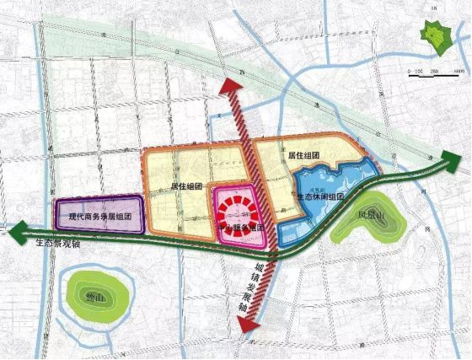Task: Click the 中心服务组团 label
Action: click(242, 228)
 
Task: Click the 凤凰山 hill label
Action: click(371, 214)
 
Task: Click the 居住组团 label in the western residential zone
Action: click(187, 185)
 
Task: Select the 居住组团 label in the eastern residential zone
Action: click(302, 156)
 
